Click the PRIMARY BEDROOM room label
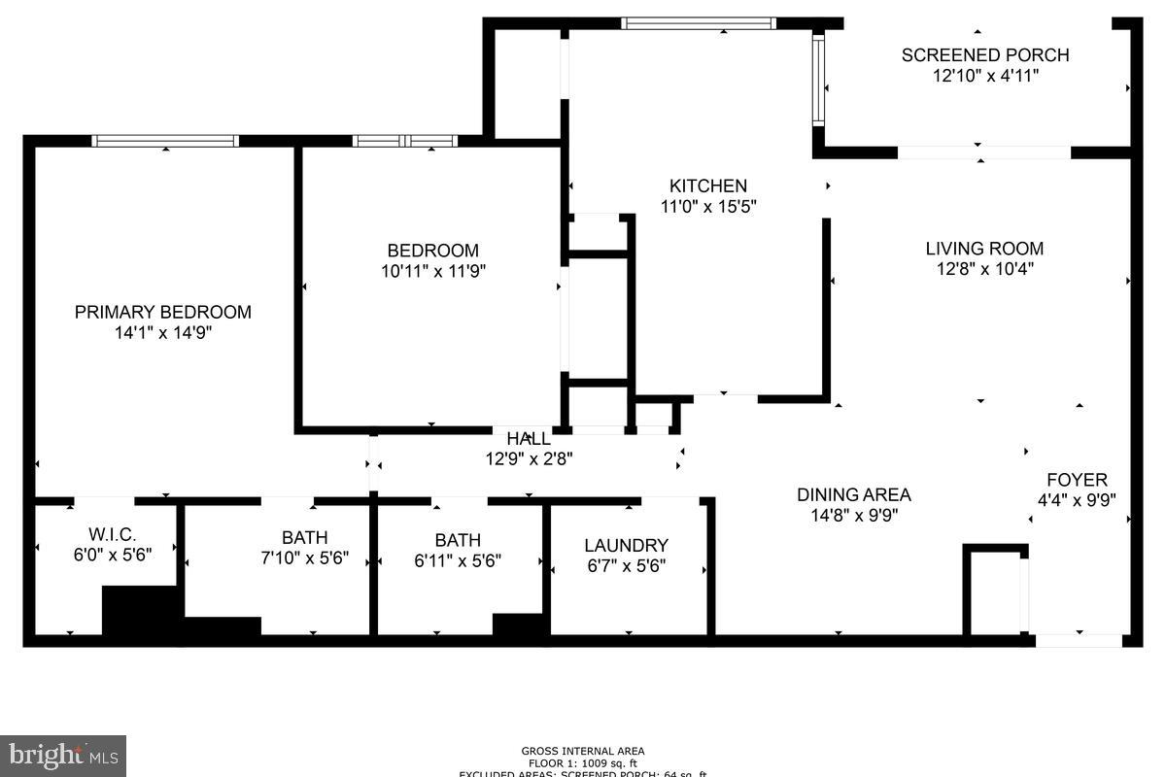pyautogui.click(x=163, y=312)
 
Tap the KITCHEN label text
pyautogui.click(x=708, y=186)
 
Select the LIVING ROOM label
pyautogui.click(x=984, y=249)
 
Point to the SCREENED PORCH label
pyautogui.click(x=985, y=55)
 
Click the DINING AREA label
pyautogui.click(x=854, y=494)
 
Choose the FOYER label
pyautogui.click(x=1077, y=480)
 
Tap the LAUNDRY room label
pyautogui.click(x=626, y=546)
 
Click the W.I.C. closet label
pyautogui.click(x=113, y=535)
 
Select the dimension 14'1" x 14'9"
pyautogui.click(x=163, y=333)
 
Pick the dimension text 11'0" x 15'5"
pyautogui.click(x=708, y=206)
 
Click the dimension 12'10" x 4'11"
pyautogui.click(x=985, y=76)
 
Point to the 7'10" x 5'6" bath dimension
pyautogui.click(x=305, y=559)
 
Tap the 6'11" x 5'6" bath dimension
pyautogui.click(x=458, y=560)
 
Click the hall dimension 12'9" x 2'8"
pyautogui.click(x=530, y=459)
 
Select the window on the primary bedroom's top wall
pyautogui.click(x=165, y=141)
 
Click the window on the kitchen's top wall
pyautogui.click(x=699, y=23)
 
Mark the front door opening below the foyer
pyautogui.click(x=1079, y=641)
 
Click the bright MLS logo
pyautogui.click(x=63, y=755)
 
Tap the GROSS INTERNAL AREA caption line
pyautogui.click(x=583, y=751)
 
